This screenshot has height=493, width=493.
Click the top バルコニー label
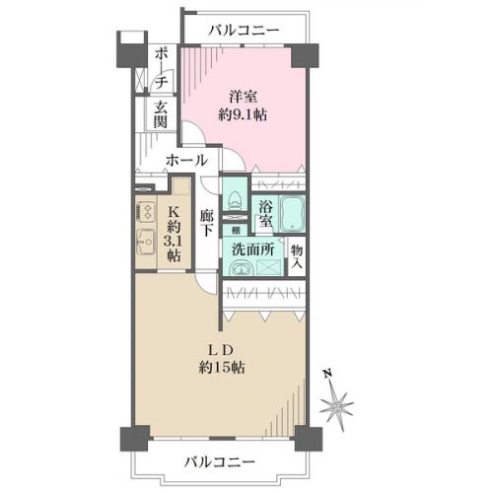point(245,31)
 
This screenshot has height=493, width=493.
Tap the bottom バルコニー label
point(220,462)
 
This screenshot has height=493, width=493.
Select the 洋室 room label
point(244,97)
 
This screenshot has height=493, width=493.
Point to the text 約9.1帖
point(243,115)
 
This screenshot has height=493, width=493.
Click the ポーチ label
point(161,68)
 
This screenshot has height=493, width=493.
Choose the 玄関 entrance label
point(161,114)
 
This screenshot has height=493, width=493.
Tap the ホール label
point(186,161)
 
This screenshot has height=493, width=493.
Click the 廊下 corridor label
point(207,223)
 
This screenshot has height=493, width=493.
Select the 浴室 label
point(265,214)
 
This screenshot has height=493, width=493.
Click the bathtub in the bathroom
point(292,214)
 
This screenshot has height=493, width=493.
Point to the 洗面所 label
point(253,249)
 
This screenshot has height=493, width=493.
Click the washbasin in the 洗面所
point(241,268)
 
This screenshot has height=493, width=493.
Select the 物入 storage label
point(297,256)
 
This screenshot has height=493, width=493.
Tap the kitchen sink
point(145,242)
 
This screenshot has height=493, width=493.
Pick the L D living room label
point(221,350)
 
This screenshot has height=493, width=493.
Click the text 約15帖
point(222,367)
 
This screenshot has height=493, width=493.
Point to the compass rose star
point(337,405)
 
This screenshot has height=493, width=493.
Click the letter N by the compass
point(327,375)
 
